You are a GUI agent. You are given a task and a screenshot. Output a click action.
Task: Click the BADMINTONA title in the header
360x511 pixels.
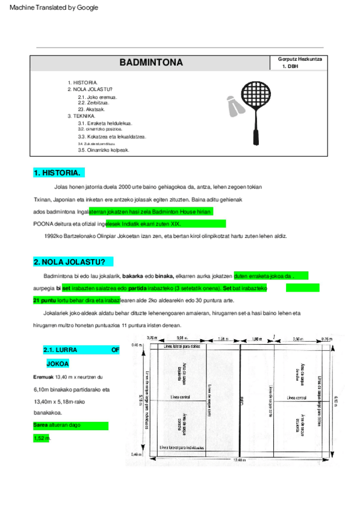point(151,63)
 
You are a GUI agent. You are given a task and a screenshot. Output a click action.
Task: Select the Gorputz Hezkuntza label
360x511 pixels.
point(300,59)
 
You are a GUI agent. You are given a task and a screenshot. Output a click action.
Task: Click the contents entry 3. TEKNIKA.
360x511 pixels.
point(81,116)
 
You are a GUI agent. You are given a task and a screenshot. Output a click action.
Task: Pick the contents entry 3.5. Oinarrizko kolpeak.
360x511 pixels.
point(104,149)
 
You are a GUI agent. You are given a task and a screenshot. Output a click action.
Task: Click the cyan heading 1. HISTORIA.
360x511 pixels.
point(57,173)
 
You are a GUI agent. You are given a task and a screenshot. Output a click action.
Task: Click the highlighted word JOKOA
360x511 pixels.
point(58,363)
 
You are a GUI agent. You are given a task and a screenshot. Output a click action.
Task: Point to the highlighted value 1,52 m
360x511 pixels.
point(42,437)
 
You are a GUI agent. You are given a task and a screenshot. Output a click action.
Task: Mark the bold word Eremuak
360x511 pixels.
point(43,377)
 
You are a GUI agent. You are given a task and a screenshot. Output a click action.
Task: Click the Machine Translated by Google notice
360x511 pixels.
point(54,8)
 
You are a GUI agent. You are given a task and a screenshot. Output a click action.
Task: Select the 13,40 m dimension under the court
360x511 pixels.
point(239,460)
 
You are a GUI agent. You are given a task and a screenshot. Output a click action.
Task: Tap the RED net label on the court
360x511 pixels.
point(241,401)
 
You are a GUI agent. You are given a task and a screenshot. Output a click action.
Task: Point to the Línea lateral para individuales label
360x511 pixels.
point(188,448)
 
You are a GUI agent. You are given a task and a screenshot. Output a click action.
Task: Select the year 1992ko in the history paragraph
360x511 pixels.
point(55,236)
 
